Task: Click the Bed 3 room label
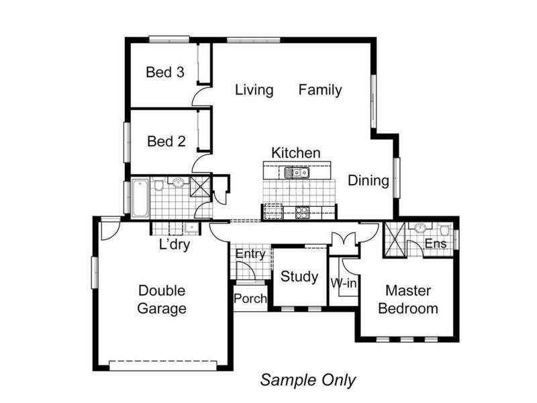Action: click(165, 73)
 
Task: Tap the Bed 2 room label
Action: click(166, 142)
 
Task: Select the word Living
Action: click(254, 90)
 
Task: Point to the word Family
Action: click(320, 90)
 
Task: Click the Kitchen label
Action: click(296, 153)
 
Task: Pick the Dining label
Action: click(369, 181)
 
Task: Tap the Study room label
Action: click(299, 277)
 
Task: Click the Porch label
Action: click(250, 298)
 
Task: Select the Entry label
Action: click(250, 254)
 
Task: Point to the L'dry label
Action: click(175, 244)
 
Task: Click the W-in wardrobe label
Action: click(344, 283)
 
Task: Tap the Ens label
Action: click(436, 244)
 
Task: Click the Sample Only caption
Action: click(308, 380)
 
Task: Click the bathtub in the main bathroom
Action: click(140, 197)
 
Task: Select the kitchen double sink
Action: click(297, 173)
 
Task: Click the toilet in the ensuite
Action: click(444, 230)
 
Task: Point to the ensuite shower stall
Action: click(395, 240)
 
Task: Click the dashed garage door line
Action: click(163, 361)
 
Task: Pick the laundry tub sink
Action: click(191, 228)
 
